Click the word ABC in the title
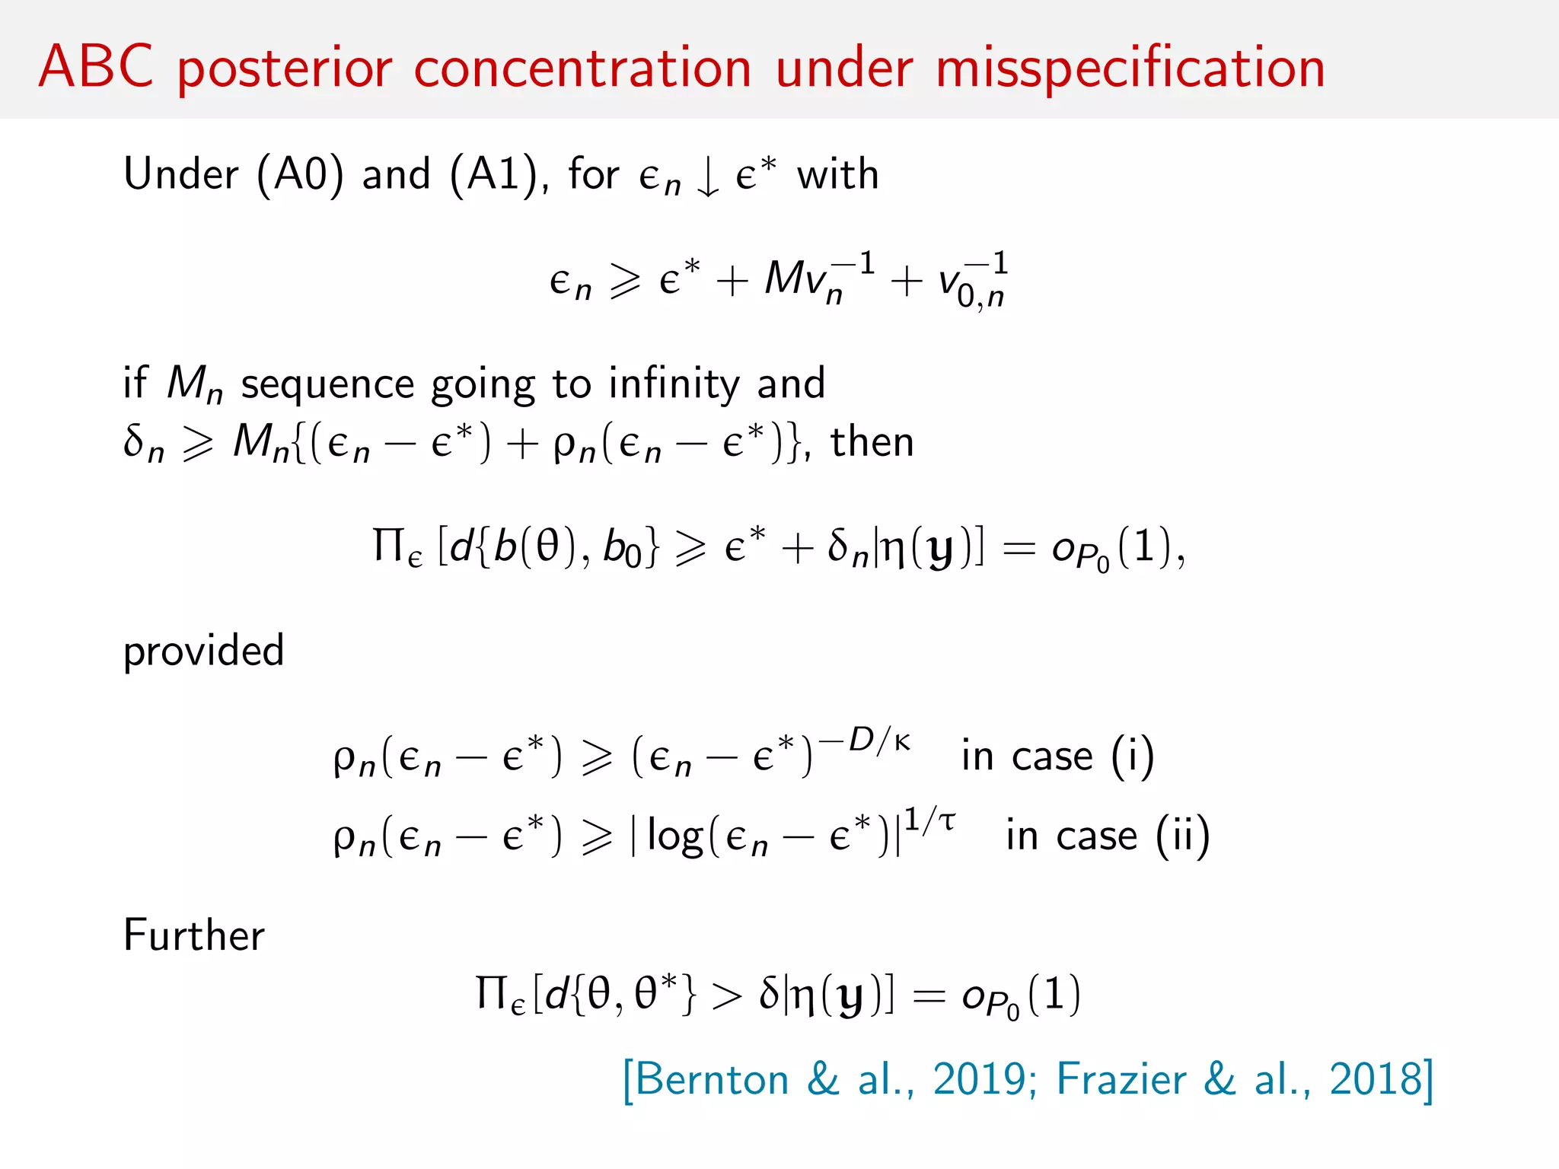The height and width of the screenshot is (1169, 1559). click(96, 67)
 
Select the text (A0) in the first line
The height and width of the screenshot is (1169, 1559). click(300, 175)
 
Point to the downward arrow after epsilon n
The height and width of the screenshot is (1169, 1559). click(708, 177)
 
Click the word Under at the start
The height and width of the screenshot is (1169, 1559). click(181, 174)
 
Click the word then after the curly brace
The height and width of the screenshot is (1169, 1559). click(872, 442)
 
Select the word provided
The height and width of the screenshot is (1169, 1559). click(204, 651)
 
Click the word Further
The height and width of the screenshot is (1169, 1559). click(194, 935)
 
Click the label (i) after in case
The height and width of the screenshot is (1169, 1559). click(1132, 757)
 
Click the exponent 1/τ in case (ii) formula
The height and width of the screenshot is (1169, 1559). click(929, 820)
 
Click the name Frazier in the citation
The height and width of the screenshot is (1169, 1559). click(1121, 1079)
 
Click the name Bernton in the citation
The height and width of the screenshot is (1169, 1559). click(712, 1079)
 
